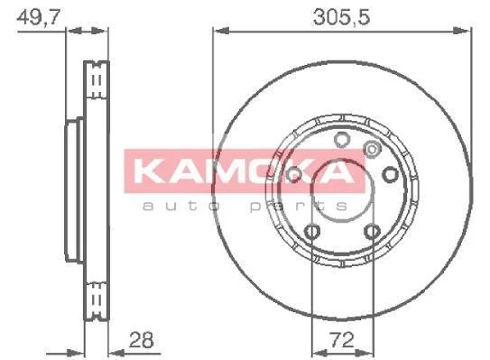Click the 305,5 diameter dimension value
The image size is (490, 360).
(x=342, y=17)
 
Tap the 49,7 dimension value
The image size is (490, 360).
(x=38, y=17)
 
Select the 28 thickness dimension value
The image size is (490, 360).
(x=142, y=340)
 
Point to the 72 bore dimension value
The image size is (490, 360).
(x=342, y=340)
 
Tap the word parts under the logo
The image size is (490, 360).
(x=299, y=206)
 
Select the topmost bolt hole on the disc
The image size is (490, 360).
(x=342, y=139)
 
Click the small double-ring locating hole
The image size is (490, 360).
(x=372, y=149)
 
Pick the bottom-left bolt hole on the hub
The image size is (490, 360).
(x=312, y=232)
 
